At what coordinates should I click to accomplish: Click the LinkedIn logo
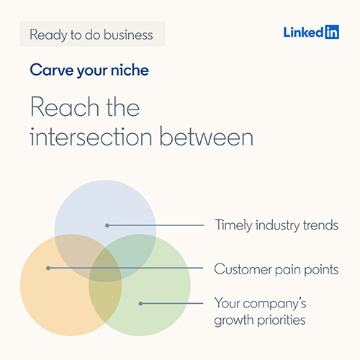[x=311, y=32]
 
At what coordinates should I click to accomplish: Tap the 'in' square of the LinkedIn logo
[x=331, y=32]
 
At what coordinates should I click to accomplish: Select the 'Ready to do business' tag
[x=91, y=34]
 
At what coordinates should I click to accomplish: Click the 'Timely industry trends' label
[x=276, y=225]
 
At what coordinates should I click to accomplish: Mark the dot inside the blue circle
[x=107, y=225]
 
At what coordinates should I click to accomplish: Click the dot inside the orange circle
[x=48, y=269]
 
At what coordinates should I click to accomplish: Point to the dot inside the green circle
[x=140, y=303]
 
